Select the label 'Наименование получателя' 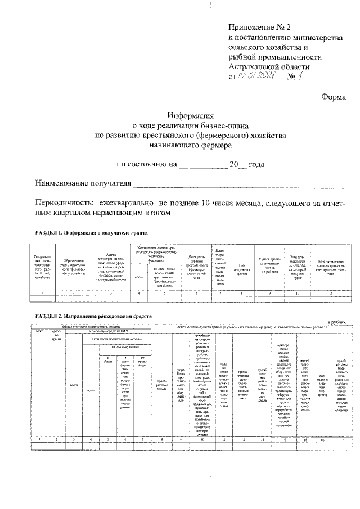83,184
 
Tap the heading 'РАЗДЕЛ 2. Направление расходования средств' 93,317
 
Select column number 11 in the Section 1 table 331,294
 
